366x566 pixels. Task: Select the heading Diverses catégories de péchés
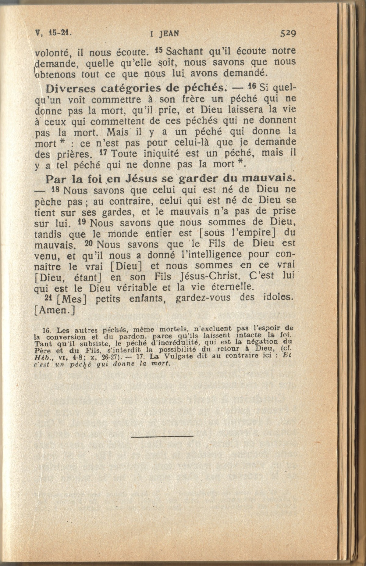tap(136, 88)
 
